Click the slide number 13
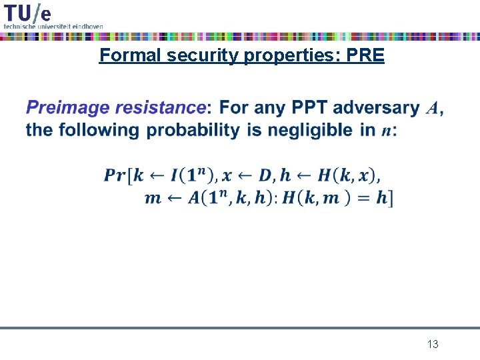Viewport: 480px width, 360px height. (x=433, y=345)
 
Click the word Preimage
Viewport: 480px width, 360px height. (x=69, y=108)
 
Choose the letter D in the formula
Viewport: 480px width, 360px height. (x=265, y=175)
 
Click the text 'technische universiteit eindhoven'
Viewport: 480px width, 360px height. (x=53, y=26)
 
